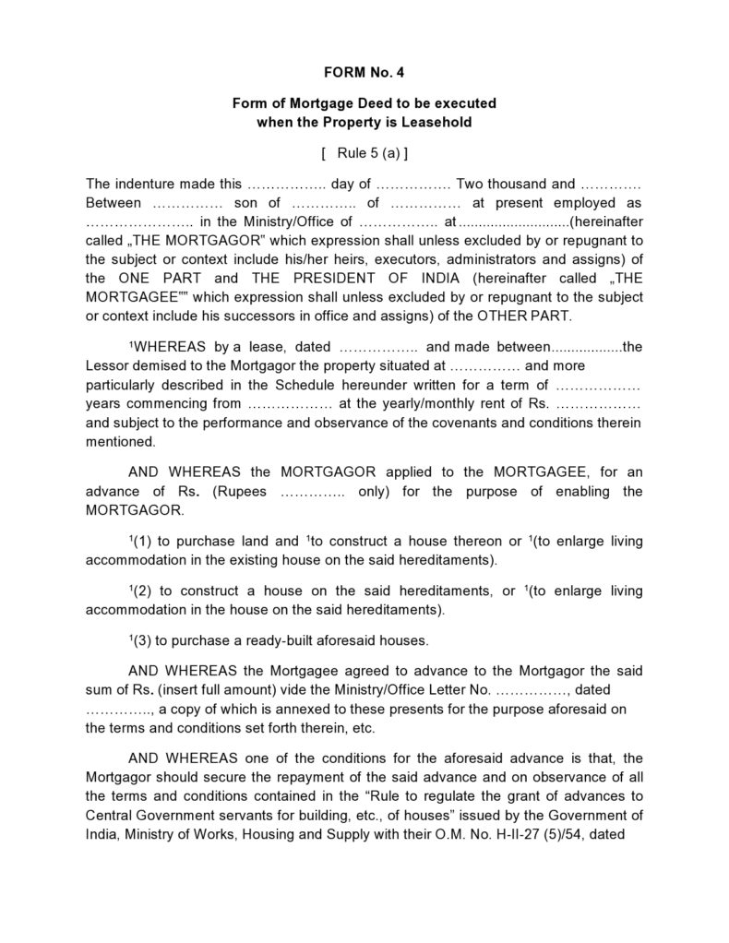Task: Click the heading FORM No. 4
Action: point(364,70)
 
